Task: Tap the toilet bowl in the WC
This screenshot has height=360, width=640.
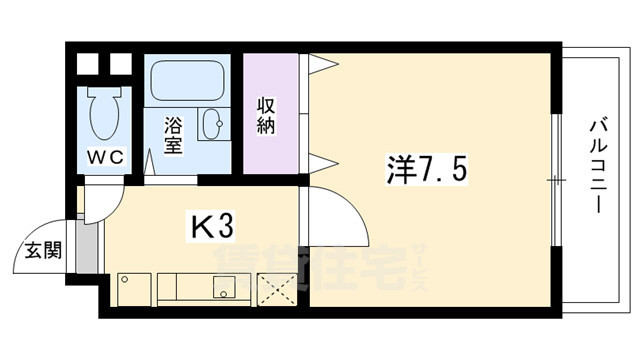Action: point(104,116)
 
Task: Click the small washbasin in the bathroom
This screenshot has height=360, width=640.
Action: point(214,125)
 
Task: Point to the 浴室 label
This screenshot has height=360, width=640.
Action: point(174,135)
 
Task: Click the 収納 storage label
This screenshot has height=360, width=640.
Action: point(267,117)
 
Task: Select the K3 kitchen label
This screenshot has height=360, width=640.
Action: point(212,227)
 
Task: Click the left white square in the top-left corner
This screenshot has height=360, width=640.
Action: point(87,64)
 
